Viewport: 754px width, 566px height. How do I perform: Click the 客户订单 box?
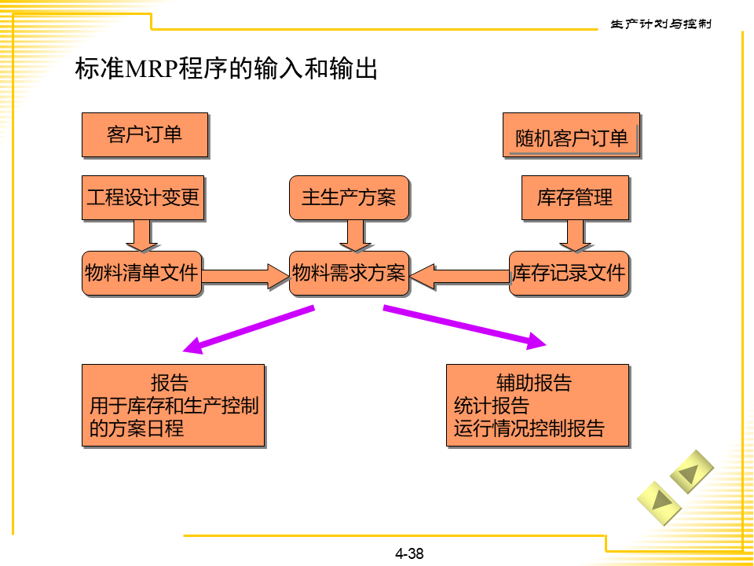pyautogui.click(x=145, y=134)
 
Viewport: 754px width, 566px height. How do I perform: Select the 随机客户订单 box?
pyautogui.click(x=571, y=136)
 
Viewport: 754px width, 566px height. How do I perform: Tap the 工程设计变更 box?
pyautogui.click(x=143, y=197)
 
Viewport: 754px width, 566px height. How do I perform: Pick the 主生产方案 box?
pyautogui.click(x=349, y=197)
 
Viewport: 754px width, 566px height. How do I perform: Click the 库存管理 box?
pyautogui.click(x=575, y=197)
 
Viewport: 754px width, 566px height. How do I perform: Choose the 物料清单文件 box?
pyautogui.click(x=141, y=274)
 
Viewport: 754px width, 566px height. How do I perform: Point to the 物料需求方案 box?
pyautogui.click(x=349, y=274)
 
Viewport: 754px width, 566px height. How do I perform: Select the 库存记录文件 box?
pyautogui.click(x=569, y=274)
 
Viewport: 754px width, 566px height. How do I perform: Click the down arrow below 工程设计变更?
pyautogui.click(x=142, y=235)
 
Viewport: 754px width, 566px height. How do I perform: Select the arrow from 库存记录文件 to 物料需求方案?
pyautogui.click(x=459, y=275)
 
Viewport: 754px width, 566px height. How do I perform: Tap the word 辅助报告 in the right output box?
pyautogui.click(x=534, y=383)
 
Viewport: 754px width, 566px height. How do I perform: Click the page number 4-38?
pyautogui.click(x=409, y=553)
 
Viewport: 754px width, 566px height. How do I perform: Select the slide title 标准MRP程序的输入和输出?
pyautogui.click(x=226, y=69)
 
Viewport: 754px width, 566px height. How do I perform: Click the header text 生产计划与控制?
pyautogui.click(x=661, y=24)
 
